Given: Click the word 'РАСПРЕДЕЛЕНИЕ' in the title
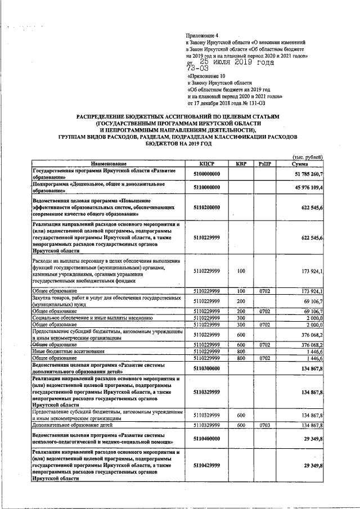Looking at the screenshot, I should point(103,116).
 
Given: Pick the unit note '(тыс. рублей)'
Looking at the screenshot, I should point(307,156).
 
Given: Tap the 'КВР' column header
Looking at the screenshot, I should point(241,164).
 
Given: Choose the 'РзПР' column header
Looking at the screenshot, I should point(265,164).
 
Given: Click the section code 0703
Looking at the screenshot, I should point(265,426).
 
